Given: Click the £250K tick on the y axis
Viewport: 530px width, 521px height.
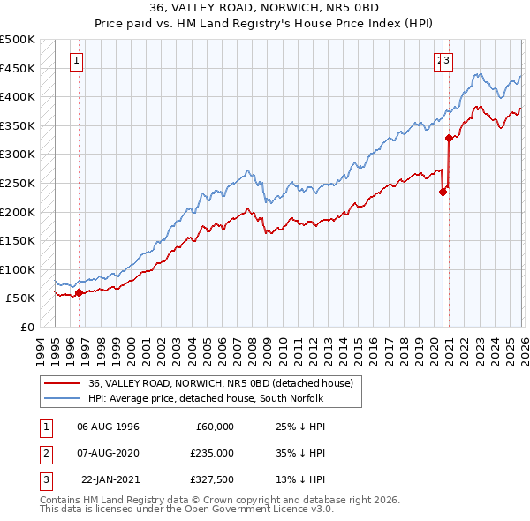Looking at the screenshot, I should [18, 183].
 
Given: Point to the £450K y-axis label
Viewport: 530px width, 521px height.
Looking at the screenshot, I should [18, 68].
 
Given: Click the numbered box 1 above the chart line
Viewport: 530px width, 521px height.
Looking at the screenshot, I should [77, 61].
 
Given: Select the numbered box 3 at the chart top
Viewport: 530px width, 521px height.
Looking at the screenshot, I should [448, 61].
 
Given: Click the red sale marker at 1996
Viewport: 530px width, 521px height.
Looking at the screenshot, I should [79, 292].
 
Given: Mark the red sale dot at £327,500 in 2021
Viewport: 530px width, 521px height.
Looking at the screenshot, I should [449, 138].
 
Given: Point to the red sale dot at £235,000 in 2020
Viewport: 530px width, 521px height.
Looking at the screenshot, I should [443, 192].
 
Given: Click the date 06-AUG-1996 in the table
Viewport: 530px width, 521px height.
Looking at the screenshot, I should [108, 427].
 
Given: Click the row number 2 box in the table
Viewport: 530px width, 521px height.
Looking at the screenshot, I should [46, 453].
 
